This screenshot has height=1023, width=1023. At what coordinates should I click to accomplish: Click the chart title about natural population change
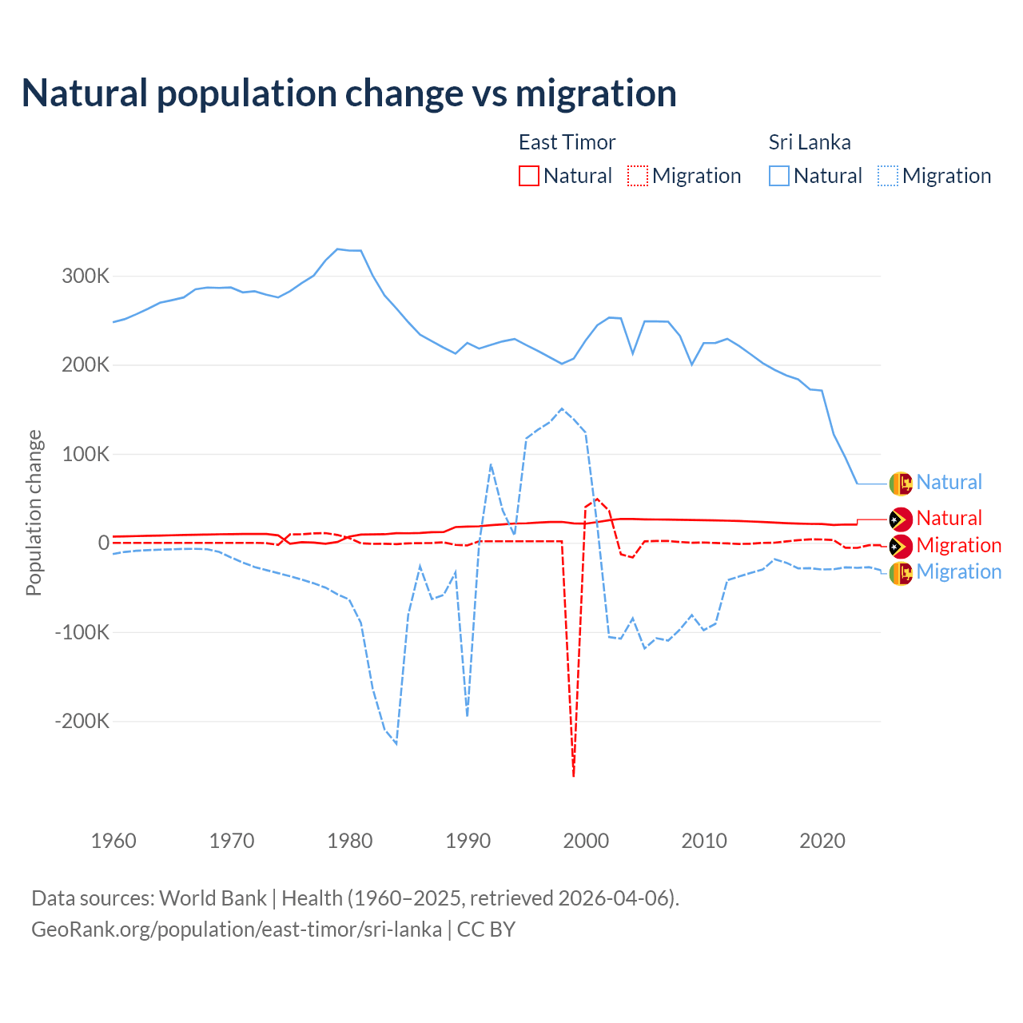coord(349,94)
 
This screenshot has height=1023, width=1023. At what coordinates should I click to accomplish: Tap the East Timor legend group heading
coord(567,142)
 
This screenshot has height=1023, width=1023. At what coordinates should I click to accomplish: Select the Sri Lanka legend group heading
coord(809,142)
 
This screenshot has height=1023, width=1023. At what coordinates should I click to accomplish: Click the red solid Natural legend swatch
coord(529,176)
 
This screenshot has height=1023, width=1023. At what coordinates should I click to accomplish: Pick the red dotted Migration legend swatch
coord(638,176)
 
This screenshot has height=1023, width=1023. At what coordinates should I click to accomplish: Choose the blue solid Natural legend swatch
coord(779,176)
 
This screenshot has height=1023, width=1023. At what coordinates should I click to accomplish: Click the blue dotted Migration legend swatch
coord(888,176)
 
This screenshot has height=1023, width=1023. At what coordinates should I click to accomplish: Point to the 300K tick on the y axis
coord(86,277)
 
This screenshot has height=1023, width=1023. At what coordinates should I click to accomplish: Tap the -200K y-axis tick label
coord(82,722)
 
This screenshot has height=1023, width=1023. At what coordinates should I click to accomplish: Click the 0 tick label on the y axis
coord(103,543)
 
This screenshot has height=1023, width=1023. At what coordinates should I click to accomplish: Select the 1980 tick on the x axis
coord(350,841)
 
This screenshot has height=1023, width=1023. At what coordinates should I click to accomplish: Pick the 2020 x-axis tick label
coord(822,841)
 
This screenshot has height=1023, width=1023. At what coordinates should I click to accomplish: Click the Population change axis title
coord(34,512)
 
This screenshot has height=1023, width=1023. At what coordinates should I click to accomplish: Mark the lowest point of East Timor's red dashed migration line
coord(574,774)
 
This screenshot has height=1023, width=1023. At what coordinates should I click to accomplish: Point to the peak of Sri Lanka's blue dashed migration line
coord(562,408)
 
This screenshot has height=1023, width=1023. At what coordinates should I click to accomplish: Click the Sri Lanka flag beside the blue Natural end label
coord(901,483)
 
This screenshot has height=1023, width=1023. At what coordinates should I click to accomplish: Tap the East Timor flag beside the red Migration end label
coord(901,546)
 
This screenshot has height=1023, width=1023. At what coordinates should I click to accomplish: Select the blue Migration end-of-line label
coord(958,572)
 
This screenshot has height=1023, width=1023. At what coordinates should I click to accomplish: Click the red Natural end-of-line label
coord(949,519)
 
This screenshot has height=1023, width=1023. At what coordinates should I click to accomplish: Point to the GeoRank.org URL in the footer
coord(237,929)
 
